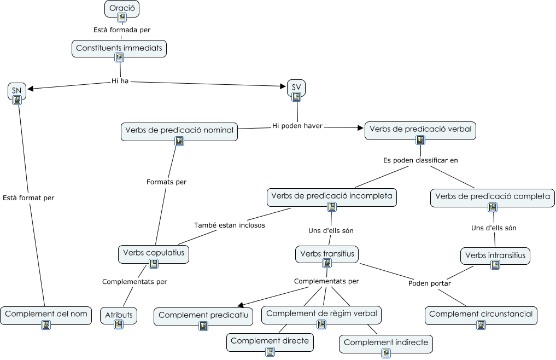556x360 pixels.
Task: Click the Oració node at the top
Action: click(x=122, y=9)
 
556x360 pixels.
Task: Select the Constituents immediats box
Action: click(x=119, y=48)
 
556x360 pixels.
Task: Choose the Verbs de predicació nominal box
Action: click(x=179, y=131)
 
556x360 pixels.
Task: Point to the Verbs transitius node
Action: click(x=327, y=254)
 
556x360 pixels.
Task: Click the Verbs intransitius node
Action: click(x=495, y=256)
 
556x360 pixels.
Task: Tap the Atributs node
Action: click(x=119, y=316)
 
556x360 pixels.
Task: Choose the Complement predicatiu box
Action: click(x=203, y=316)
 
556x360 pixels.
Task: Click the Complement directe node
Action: click(x=270, y=341)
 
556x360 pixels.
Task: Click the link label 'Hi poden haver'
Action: click(x=297, y=126)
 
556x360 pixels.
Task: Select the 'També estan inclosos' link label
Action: click(x=230, y=225)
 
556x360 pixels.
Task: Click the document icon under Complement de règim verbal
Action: click(x=321, y=324)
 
